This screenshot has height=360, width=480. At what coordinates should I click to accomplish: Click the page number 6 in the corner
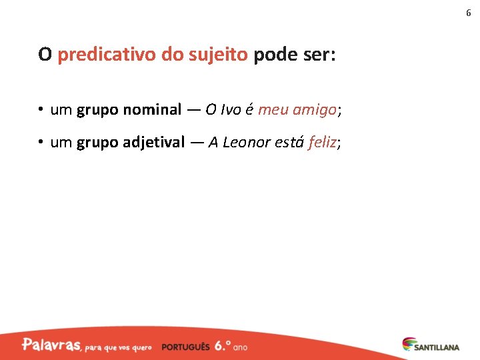tap(468, 13)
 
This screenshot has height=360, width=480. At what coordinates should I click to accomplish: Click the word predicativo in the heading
tap(107, 55)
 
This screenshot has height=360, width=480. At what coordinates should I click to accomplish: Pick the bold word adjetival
tap(154, 142)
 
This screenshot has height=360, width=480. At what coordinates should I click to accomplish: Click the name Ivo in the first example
tap(230, 110)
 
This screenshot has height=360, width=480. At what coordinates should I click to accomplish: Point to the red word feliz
tap(323, 142)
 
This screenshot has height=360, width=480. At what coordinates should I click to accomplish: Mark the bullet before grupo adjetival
tap(41, 142)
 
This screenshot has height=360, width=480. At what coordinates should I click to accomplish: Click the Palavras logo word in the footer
tap(51, 345)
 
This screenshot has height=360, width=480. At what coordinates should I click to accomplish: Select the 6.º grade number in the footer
tap(223, 346)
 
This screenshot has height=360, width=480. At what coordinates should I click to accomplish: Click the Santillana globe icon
tap(408, 344)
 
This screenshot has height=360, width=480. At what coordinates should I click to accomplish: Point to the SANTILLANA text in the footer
tap(437, 347)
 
